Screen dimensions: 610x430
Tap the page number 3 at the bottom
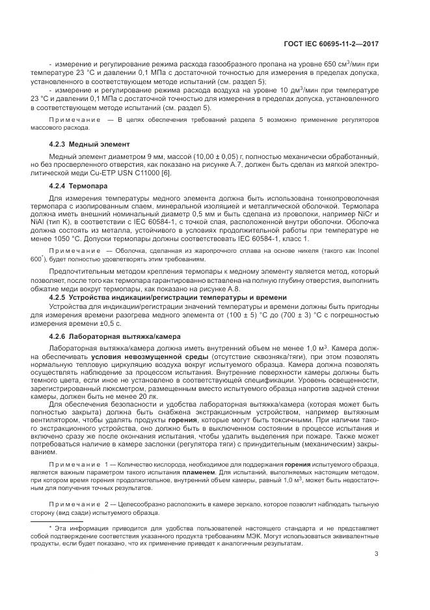(377, 554)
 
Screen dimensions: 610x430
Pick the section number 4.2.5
(59, 297)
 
